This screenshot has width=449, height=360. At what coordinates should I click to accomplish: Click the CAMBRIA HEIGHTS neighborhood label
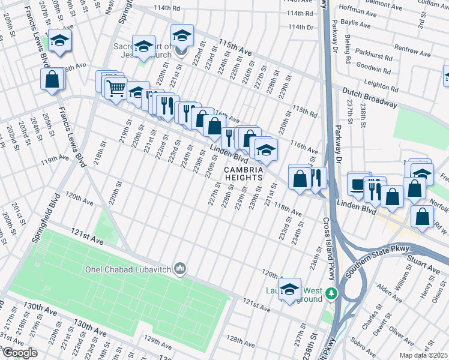click(244, 173)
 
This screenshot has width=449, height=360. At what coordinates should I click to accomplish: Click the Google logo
click(20, 353)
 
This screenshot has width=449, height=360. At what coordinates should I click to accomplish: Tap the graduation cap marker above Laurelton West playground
click(290, 289)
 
